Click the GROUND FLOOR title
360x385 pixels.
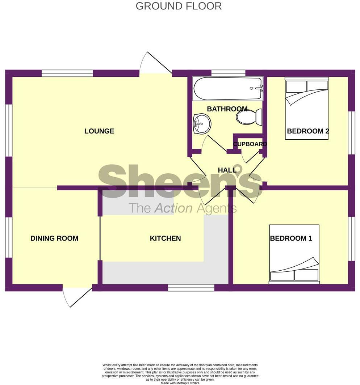pyautogui.click(x=179, y=6)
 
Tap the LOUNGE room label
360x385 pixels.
pyautogui.click(x=99, y=131)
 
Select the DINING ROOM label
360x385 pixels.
pyautogui.click(x=54, y=238)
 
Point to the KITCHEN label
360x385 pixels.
pyautogui.click(x=165, y=238)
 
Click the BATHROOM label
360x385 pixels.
pyautogui.click(x=227, y=109)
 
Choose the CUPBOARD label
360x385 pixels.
pyautogui.click(x=250, y=144)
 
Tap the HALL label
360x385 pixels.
pyautogui.click(x=227, y=170)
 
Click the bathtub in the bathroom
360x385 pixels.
pyautogui.click(x=227, y=89)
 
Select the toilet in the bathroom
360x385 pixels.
pyautogui.click(x=250, y=117)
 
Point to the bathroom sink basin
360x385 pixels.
pyautogui.click(x=202, y=123)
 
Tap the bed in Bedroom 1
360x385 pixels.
pyautogui.click(x=294, y=253)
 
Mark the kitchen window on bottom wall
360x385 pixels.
pyautogui.click(x=191, y=288)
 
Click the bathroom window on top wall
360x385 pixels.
pyautogui.click(x=228, y=73)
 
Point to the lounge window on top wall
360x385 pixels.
pyautogui.click(x=67, y=73)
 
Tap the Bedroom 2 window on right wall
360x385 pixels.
pyautogui.click(x=351, y=132)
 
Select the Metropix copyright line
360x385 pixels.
pyautogui.click(x=180, y=382)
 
